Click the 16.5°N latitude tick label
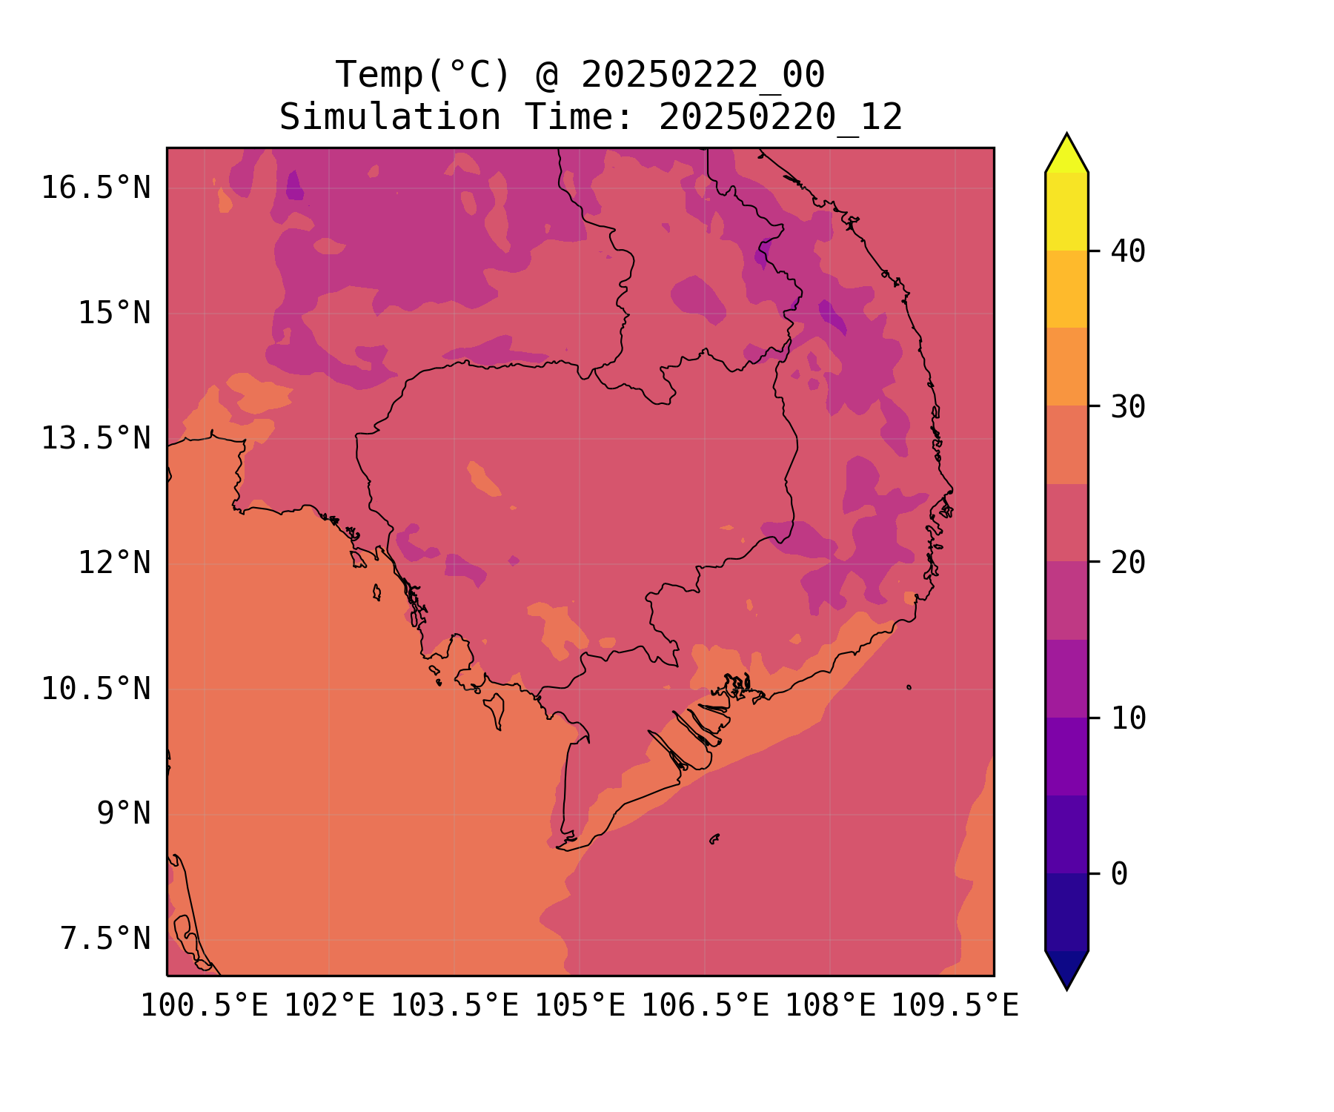[96, 188]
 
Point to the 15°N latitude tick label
[114, 313]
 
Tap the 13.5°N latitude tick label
[96, 438]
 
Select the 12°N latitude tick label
[114, 563]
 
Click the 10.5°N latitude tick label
[96, 689]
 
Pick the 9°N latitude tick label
[124, 813]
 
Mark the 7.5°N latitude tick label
[105, 939]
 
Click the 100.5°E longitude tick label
[205, 1006]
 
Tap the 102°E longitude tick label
[330, 1006]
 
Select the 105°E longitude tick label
[580, 1006]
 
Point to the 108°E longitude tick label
[830, 1006]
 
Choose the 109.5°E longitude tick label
[955, 1006]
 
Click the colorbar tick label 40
[1128, 251]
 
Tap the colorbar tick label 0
[1119, 874]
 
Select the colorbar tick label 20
[1128, 563]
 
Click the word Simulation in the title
[390, 117]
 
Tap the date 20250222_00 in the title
[703, 75]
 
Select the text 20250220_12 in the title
[780, 117]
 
